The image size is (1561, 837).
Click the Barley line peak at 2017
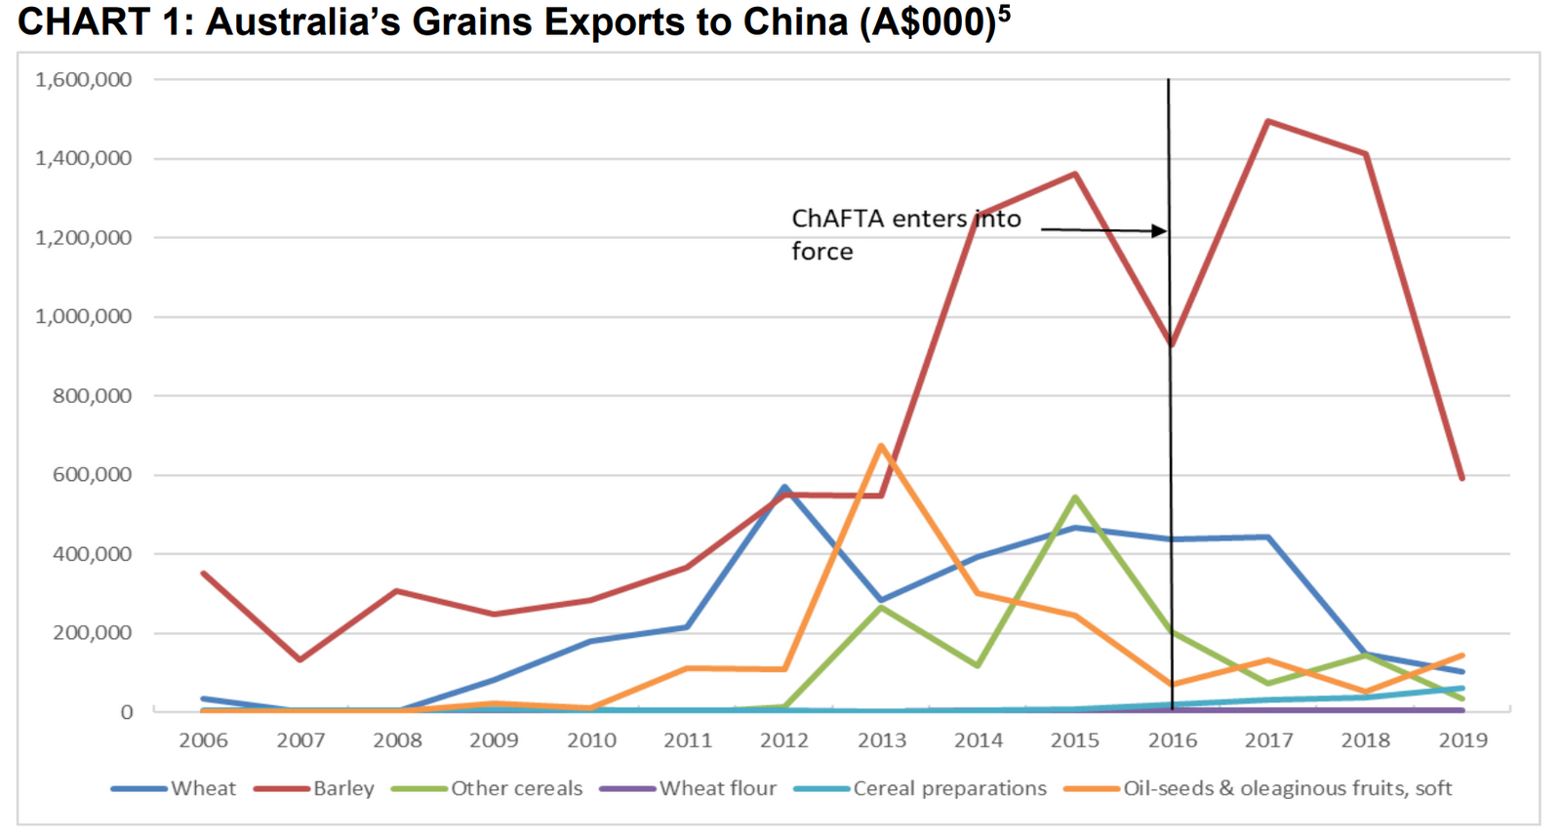[1267, 121]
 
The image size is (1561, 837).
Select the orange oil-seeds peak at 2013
[881, 446]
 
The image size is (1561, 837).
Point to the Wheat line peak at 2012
[784, 487]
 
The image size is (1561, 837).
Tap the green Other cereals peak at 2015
[1074, 498]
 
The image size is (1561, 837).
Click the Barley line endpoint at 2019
[1461, 478]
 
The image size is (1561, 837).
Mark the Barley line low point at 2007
[300, 660]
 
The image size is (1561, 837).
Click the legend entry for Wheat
[203, 788]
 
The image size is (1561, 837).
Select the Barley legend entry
[343, 788]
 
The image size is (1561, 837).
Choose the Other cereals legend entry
[515, 788]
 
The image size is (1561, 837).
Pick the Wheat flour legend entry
[717, 788]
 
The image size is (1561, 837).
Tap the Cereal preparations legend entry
[948, 788]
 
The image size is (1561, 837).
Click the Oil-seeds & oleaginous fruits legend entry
[1286, 788]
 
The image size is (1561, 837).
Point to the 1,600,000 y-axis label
[84, 80]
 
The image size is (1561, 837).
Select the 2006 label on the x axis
[203, 740]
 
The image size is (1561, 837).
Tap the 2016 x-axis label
[1172, 740]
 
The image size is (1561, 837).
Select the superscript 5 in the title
[1004, 12]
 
